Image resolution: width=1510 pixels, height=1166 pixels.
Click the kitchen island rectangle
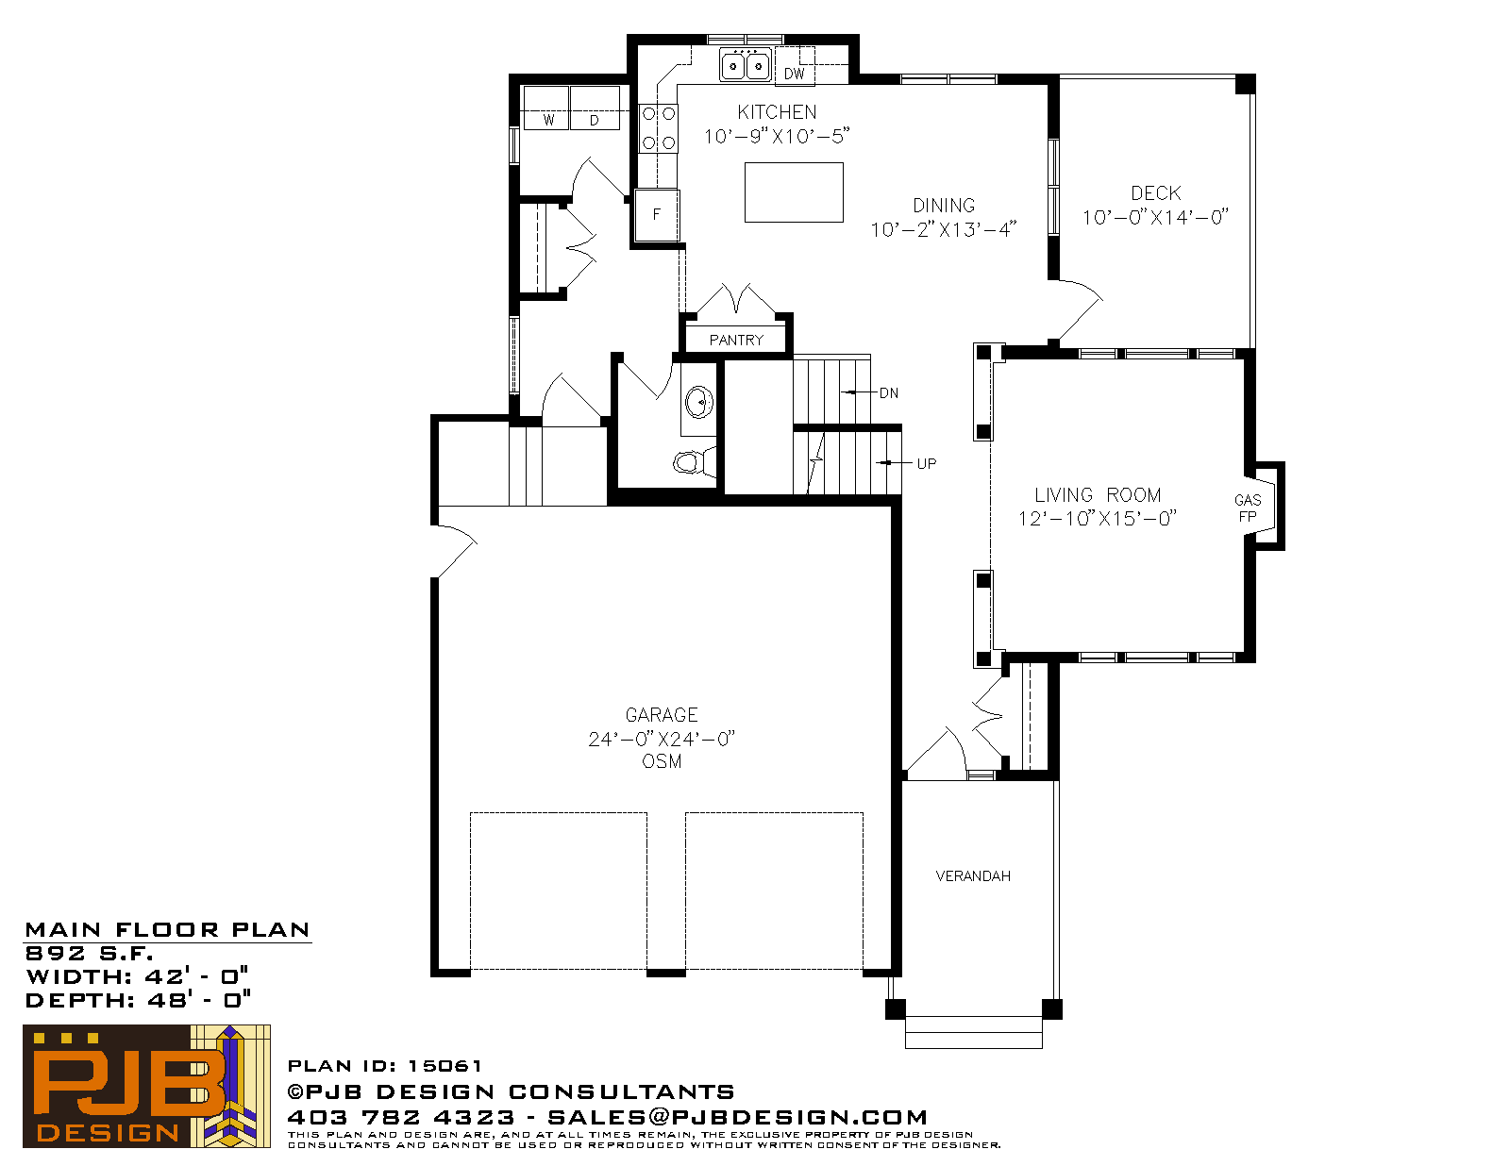click(794, 192)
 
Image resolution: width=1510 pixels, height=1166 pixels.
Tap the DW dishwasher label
click(795, 74)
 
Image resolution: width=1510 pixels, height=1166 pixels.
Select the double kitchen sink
click(745, 66)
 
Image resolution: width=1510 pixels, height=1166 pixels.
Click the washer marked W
click(546, 108)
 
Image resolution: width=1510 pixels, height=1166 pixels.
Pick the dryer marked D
click(595, 108)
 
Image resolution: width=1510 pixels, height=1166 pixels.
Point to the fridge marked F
click(657, 214)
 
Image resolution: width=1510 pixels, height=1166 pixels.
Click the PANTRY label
click(736, 341)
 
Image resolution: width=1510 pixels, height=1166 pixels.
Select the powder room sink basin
click(699, 402)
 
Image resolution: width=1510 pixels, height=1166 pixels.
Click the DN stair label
click(889, 393)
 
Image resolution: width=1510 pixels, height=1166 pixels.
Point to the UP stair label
click(927, 464)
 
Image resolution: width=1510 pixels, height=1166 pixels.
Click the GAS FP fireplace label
click(1248, 508)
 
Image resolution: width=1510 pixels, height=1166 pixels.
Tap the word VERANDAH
click(973, 876)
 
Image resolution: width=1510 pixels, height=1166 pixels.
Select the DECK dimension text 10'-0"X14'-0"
click(1155, 218)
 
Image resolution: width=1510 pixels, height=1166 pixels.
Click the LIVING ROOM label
click(1098, 495)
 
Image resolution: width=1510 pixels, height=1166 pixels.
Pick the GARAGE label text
click(662, 715)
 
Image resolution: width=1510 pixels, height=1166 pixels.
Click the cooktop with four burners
click(658, 128)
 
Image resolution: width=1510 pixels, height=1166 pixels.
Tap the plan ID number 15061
click(445, 1065)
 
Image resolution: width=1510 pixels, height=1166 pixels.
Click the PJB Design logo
click(146, 1086)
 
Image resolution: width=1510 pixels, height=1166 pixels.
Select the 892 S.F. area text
click(89, 954)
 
